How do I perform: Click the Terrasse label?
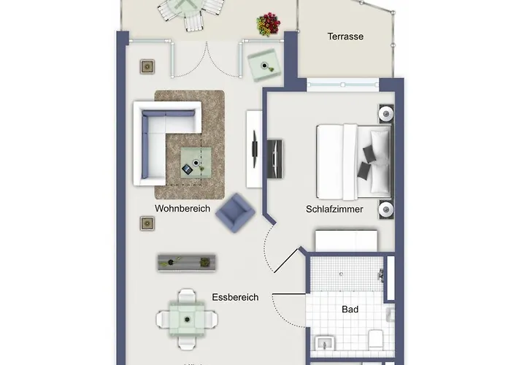[x=345, y=36]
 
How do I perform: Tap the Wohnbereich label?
[x=182, y=208]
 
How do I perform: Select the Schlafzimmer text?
[x=334, y=209]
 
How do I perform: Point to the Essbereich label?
[x=235, y=297]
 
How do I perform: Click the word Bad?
[x=350, y=309]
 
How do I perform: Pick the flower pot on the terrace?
[x=269, y=24]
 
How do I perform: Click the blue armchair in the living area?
[x=235, y=213]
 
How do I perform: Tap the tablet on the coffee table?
[x=187, y=169]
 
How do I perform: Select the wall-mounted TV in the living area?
[x=255, y=149]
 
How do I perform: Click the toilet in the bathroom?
[x=375, y=339]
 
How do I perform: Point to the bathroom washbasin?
[x=324, y=344]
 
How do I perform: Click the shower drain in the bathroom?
[x=341, y=274]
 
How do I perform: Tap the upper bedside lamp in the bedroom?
[x=386, y=114]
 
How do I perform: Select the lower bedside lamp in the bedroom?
[x=386, y=209]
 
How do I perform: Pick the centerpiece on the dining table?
[x=187, y=320]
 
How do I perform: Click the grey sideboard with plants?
[x=187, y=262]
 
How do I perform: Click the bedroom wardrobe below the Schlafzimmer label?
[x=346, y=241]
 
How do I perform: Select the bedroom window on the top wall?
[x=343, y=85]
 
